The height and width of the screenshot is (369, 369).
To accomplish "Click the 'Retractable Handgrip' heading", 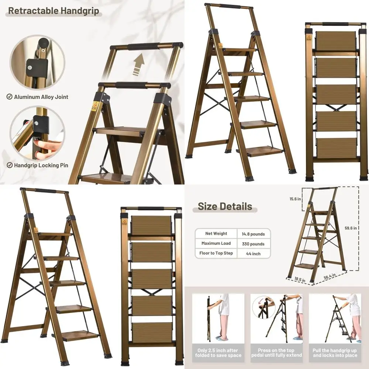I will pyautogui.click(x=54, y=11).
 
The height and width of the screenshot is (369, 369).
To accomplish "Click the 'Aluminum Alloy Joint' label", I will pyautogui.click(x=41, y=97).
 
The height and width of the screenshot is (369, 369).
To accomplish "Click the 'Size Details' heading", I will pyautogui.click(x=225, y=206).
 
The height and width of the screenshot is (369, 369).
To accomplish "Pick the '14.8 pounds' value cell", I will pyautogui.click(x=253, y=234).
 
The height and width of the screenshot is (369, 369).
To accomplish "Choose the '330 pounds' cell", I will pyautogui.click(x=253, y=244).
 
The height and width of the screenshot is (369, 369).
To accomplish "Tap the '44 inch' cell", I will pyautogui.click(x=253, y=254).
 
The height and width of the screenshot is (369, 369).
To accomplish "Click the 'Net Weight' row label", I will pyautogui.click(x=216, y=234).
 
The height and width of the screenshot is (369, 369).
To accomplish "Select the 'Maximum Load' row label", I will pyautogui.click(x=216, y=244).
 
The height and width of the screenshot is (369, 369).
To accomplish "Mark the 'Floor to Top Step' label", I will pyautogui.click(x=216, y=254).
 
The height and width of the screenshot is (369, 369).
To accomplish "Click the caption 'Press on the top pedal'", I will pyautogui.click(x=277, y=353).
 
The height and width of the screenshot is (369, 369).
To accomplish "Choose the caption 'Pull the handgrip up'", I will pyautogui.click(x=335, y=353).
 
